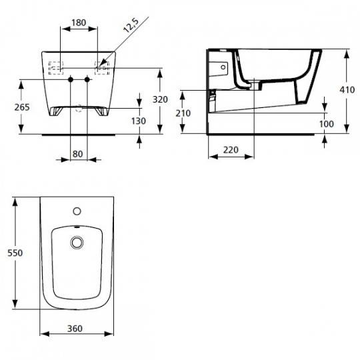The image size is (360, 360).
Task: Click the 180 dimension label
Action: (x=79, y=23)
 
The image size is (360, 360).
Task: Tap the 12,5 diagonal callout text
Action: (x=131, y=25)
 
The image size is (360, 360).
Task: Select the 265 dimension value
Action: (x=22, y=107)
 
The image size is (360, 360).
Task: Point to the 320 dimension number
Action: (x=160, y=99)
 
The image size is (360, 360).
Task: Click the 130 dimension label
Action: (x=139, y=121)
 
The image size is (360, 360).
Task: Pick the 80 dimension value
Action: (x=77, y=154)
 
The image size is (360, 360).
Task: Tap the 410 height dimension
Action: (x=347, y=90)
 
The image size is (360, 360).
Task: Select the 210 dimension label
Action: (x=183, y=113)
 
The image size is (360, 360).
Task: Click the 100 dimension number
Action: (x=327, y=124)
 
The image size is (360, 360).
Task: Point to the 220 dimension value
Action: (x=231, y=150)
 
